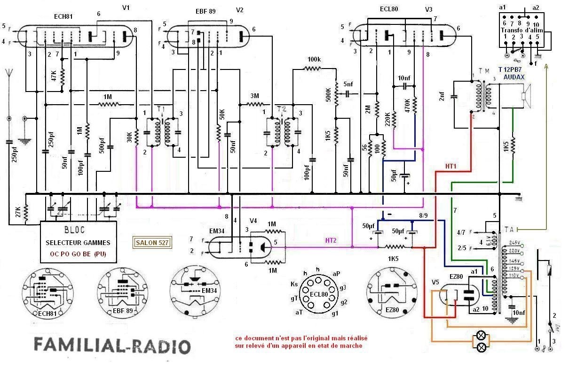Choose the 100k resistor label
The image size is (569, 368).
315,60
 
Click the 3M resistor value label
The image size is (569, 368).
254,96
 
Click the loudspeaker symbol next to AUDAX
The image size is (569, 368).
525,96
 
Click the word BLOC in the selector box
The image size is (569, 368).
78,231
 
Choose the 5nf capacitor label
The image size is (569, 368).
348,84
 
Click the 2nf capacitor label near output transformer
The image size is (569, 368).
442,97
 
